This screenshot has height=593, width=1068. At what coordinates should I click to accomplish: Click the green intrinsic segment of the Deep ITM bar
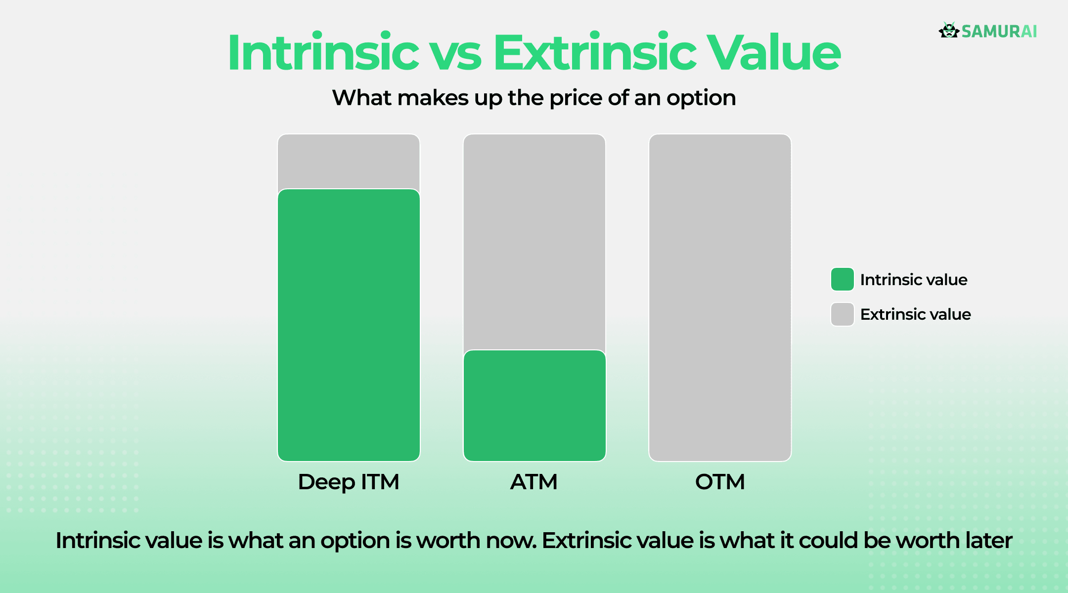(349, 325)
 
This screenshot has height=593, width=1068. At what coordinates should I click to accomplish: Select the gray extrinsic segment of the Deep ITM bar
(349, 161)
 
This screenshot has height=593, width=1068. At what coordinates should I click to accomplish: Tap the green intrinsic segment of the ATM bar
(534, 405)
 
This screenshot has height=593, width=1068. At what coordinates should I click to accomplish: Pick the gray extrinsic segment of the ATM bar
(534, 242)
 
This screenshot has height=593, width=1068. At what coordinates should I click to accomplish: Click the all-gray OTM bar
(720, 297)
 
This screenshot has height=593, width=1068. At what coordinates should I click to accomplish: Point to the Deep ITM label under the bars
(349, 482)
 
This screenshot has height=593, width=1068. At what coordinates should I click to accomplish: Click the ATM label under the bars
(534, 482)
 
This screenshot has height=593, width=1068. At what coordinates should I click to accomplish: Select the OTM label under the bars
(720, 482)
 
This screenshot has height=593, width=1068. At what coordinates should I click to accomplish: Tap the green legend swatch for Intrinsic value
(842, 279)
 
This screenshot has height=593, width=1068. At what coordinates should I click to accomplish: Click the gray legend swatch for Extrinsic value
(842, 314)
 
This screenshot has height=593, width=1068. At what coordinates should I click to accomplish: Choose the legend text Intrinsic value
(914, 280)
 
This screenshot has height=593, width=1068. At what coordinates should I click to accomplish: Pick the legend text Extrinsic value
(915, 314)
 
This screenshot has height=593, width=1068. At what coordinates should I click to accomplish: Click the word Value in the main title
(774, 53)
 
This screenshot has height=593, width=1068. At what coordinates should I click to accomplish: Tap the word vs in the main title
(455, 54)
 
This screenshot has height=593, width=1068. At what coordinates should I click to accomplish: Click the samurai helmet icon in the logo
(948, 31)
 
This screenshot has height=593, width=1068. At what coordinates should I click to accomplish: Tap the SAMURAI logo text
(999, 32)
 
